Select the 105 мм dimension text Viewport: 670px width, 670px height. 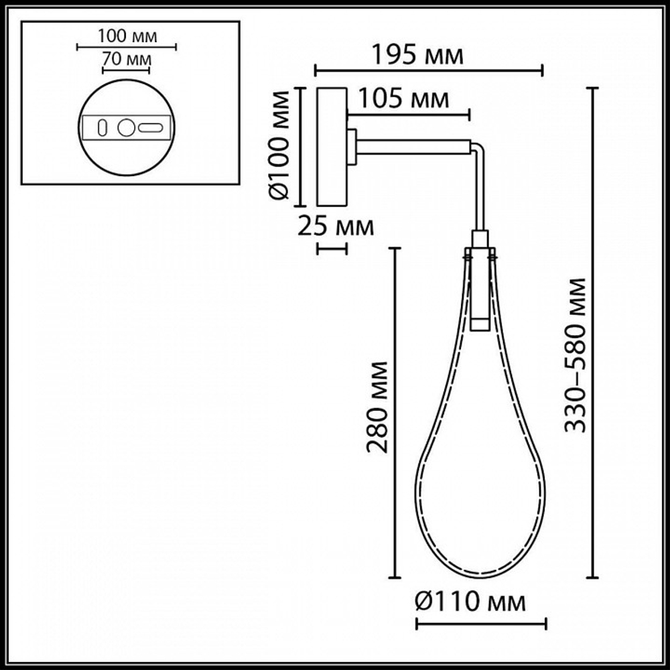[403, 99]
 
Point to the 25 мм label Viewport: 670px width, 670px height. [335, 226]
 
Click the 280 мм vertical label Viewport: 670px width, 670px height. [379, 407]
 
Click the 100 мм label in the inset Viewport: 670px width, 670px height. [127, 36]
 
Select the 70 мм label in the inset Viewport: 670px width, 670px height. [126, 59]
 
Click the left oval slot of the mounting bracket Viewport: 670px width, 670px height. [102, 127]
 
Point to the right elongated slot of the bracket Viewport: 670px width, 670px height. [151, 127]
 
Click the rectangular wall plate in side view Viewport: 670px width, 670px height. [332, 146]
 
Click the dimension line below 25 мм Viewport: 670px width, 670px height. [332, 249]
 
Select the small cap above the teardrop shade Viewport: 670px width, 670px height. [480, 239]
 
